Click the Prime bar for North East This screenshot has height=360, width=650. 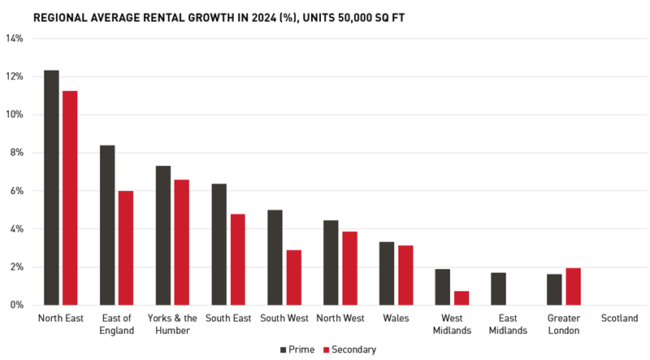[51, 188]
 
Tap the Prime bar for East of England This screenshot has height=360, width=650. [107, 225]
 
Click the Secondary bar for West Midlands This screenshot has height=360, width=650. [461, 298]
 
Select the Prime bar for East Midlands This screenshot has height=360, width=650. [498, 288]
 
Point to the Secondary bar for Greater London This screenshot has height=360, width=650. [573, 287]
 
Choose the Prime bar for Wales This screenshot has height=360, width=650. [387, 273]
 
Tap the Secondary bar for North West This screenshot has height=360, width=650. [349, 268]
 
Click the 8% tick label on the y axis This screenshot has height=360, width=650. [16, 153]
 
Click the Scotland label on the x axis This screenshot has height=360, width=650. [619, 319]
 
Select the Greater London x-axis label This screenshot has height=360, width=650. [564, 324]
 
